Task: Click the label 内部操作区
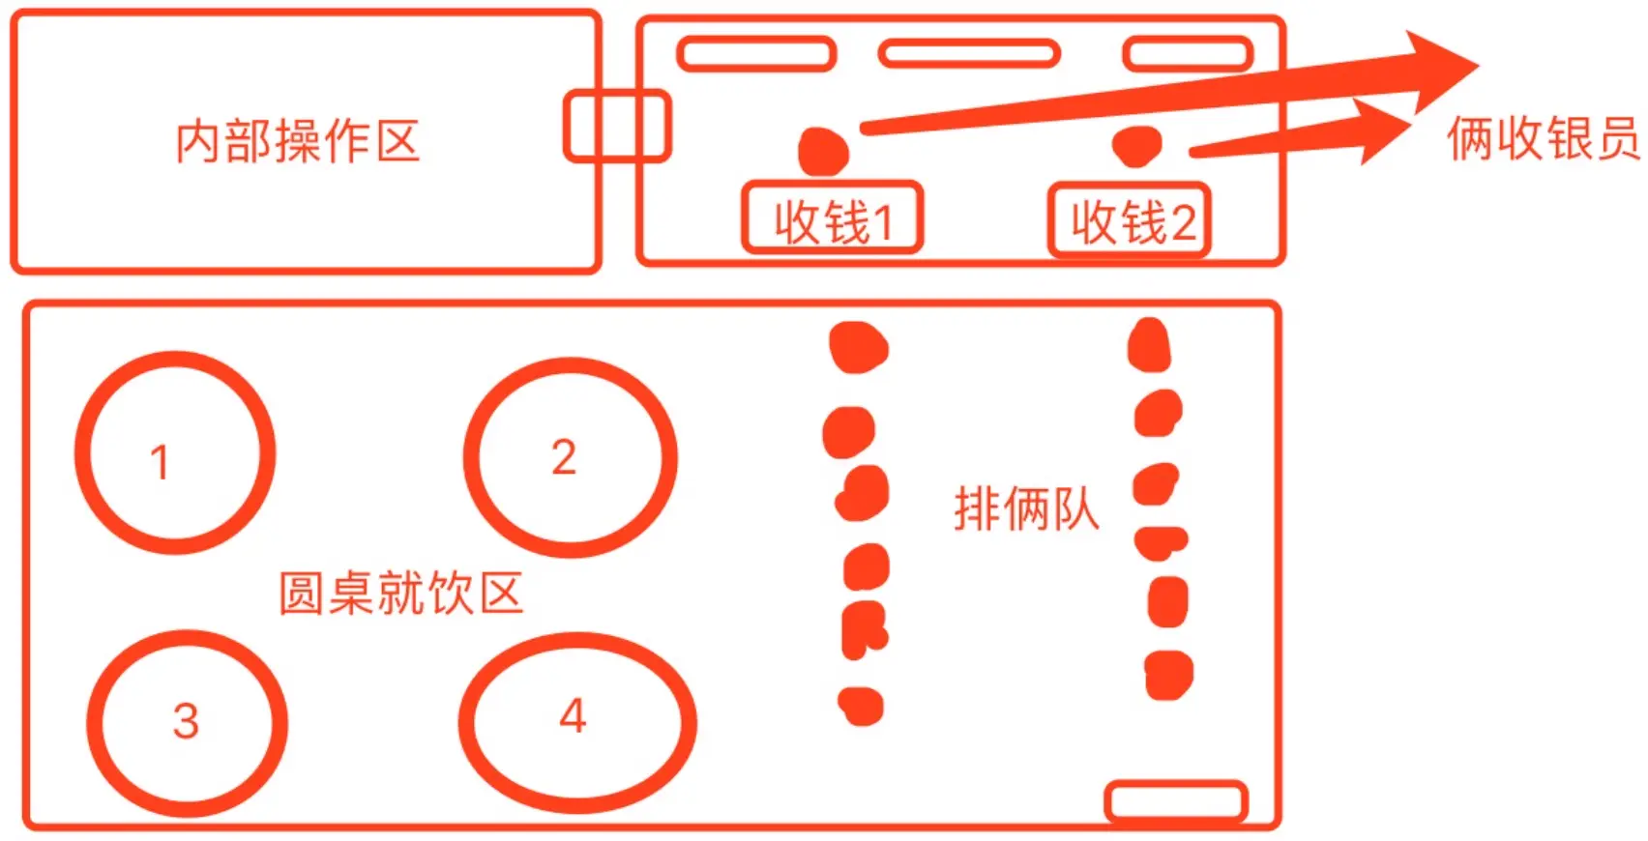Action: click(x=297, y=142)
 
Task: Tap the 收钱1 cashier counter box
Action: click(x=832, y=219)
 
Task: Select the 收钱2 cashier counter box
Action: click(x=1130, y=221)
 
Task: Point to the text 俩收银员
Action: click(x=1543, y=138)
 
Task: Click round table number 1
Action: click(x=175, y=453)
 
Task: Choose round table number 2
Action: click(x=571, y=457)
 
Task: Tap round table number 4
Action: click(x=577, y=721)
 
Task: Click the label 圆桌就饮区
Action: click(x=400, y=593)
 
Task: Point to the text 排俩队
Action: click(x=1026, y=508)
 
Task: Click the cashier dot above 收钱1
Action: click(x=823, y=152)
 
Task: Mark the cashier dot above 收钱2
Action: click(x=1137, y=146)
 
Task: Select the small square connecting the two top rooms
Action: click(x=617, y=126)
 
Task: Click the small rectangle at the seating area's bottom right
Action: click(x=1176, y=801)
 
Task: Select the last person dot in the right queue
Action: click(x=1168, y=675)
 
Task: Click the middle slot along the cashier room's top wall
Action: click(x=969, y=53)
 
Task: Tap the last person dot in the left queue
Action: click(x=860, y=706)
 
